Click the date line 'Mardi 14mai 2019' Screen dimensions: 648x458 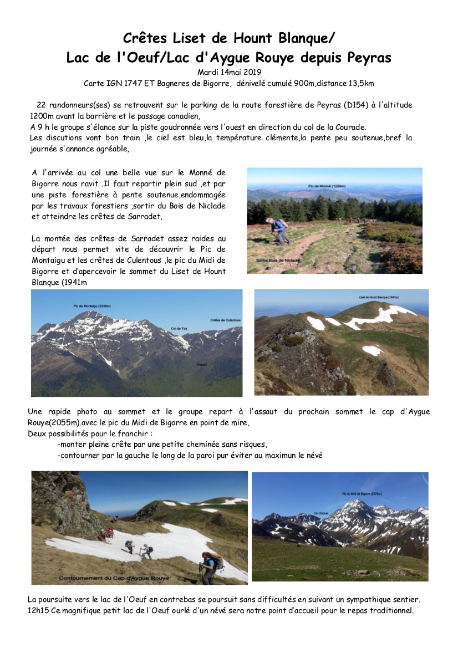coord(228,72)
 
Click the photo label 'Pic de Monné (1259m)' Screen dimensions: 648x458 coord(325,187)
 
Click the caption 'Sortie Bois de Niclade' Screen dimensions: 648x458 coord(278,259)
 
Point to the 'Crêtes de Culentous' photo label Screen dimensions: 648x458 coord(225,320)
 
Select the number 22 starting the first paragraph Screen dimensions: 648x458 coord(40,105)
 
